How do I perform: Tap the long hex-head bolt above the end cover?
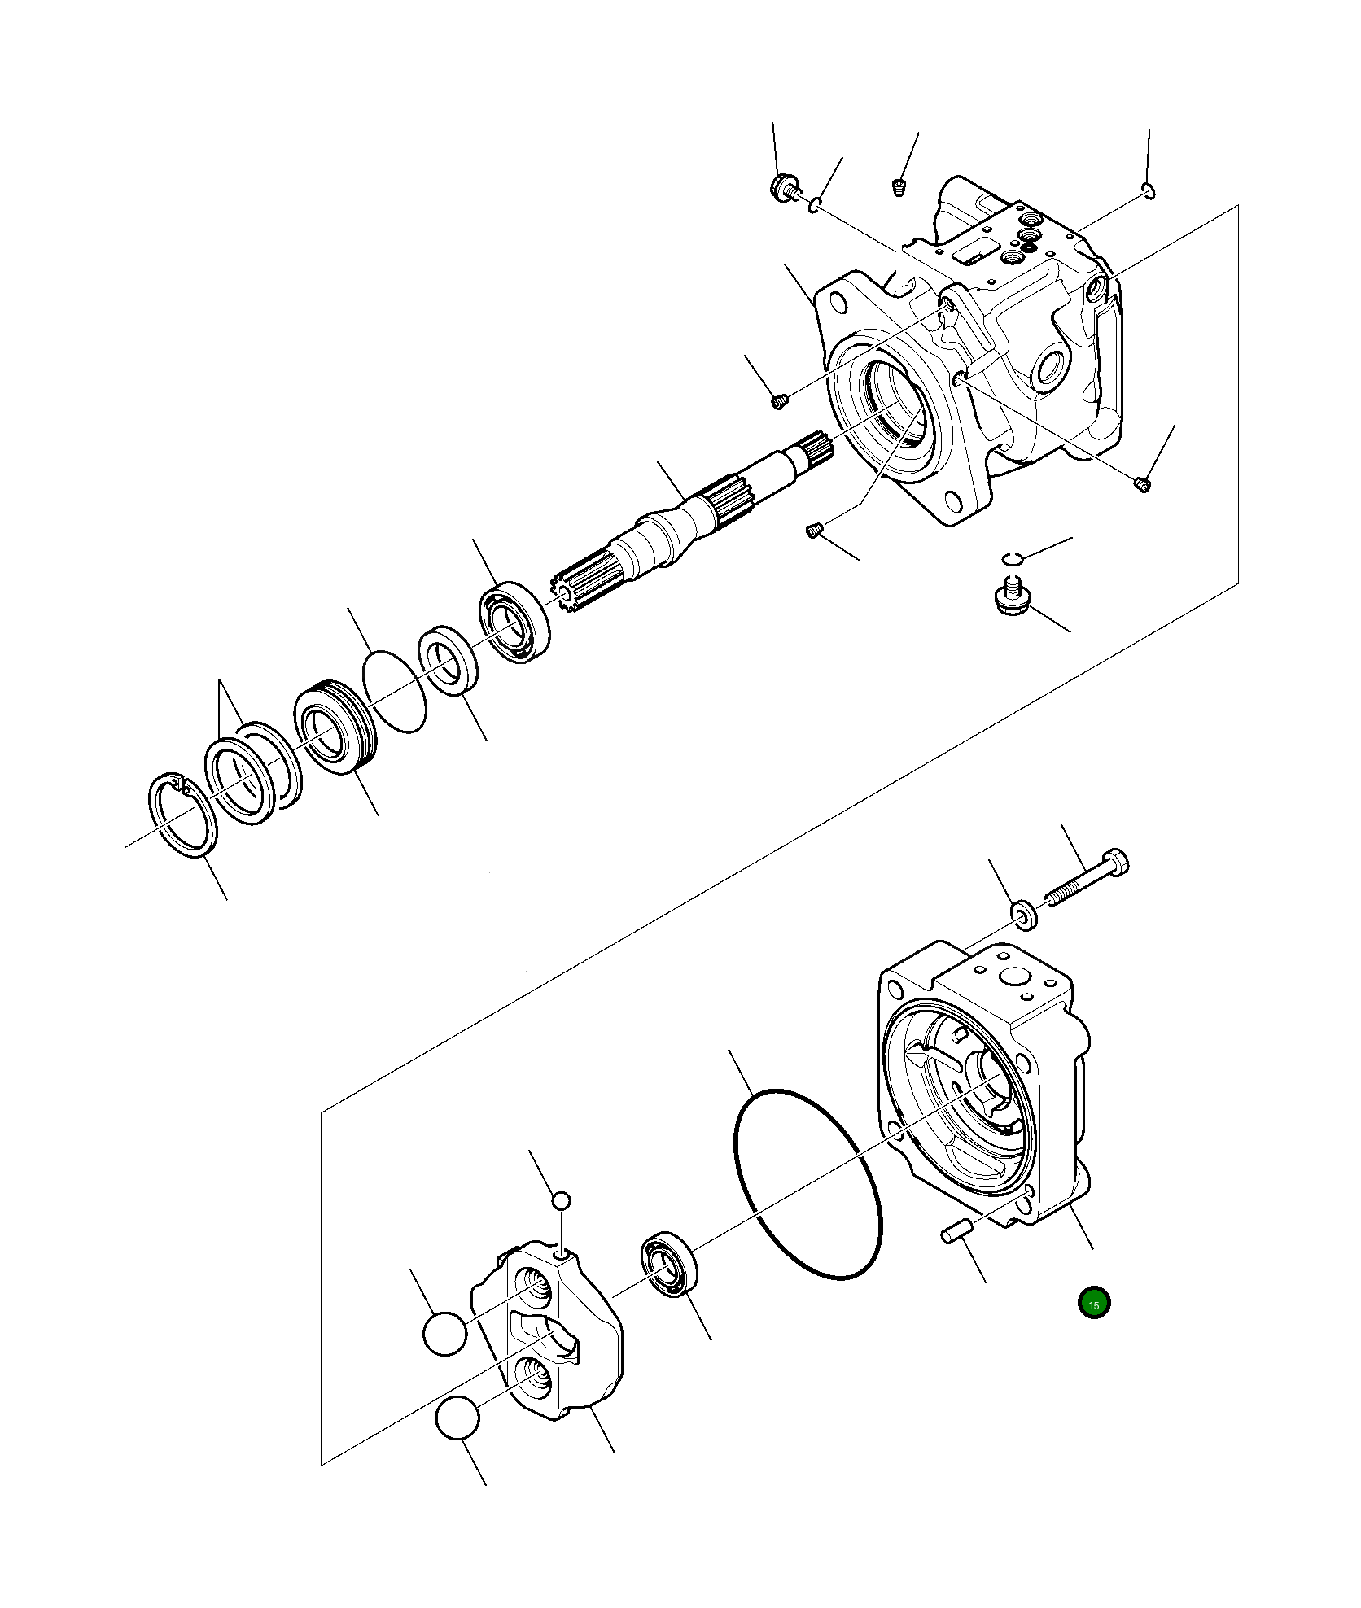(x=1087, y=880)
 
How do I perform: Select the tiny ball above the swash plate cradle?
(x=561, y=1200)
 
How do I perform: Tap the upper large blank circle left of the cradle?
(x=445, y=1333)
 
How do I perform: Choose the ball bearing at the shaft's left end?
(x=513, y=622)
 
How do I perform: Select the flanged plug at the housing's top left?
(x=783, y=187)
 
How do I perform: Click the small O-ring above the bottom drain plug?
(x=1011, y=559)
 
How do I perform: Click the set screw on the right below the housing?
(x=1142, y=485)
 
